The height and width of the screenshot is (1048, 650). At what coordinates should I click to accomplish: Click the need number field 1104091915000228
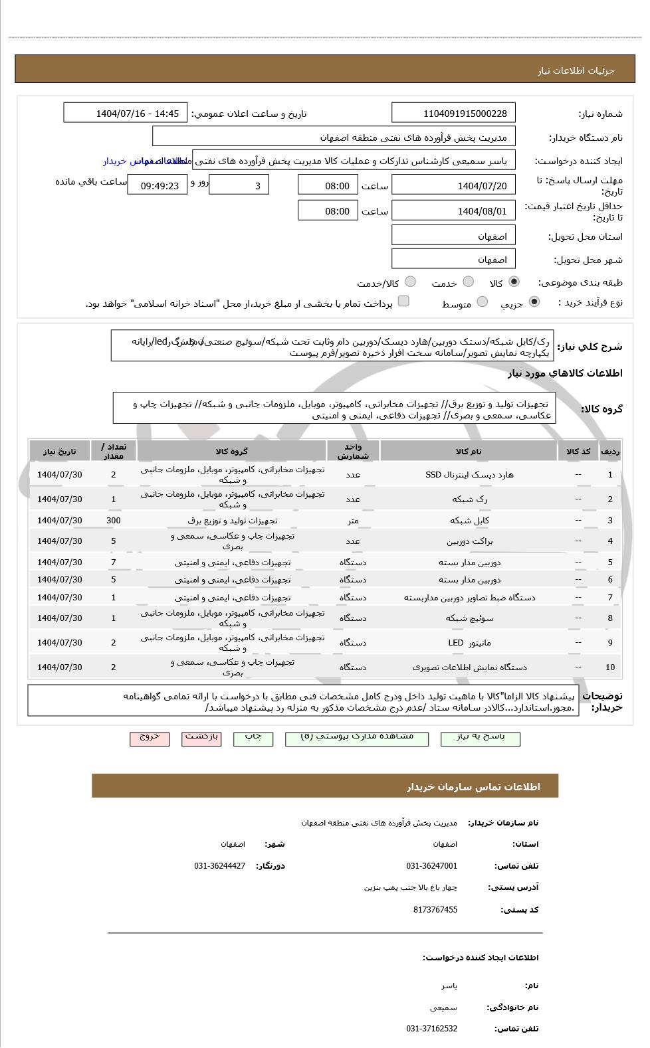453,114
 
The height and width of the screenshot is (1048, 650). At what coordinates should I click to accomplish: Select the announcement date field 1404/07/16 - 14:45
125,114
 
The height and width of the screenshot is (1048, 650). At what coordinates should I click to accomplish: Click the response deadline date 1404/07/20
453,185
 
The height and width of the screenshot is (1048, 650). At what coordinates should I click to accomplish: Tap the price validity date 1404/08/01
453,211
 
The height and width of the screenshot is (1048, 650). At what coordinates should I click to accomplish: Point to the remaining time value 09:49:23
158,185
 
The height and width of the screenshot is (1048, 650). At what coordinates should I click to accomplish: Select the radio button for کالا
514,282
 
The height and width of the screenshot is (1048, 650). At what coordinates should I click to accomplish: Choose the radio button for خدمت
468,282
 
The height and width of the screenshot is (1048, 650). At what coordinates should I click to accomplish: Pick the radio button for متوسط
483,302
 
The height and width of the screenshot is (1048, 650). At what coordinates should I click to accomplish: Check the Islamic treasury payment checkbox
403,302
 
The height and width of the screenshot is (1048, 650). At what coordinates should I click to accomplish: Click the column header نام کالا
468,452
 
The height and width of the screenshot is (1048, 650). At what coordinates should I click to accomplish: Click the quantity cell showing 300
113,521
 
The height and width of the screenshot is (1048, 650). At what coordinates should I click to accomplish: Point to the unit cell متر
352,521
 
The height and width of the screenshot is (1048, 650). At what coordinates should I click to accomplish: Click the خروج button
150,738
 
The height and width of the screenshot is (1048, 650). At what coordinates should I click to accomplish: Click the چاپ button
253,738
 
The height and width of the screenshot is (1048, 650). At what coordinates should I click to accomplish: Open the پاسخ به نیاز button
481,738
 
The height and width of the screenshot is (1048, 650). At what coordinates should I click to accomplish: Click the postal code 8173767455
435,909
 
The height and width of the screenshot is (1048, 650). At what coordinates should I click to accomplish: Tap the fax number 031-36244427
219,866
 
